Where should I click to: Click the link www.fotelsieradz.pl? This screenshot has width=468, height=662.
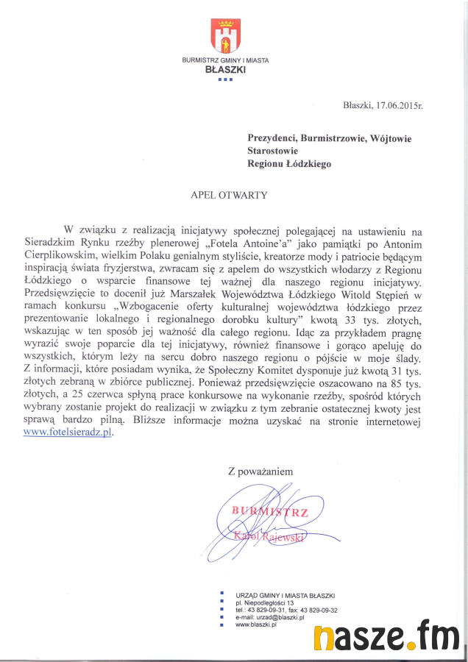pos(68,433)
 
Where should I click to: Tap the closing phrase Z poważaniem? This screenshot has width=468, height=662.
pos(260,471)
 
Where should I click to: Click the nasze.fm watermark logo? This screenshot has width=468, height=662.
pos(389,636)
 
